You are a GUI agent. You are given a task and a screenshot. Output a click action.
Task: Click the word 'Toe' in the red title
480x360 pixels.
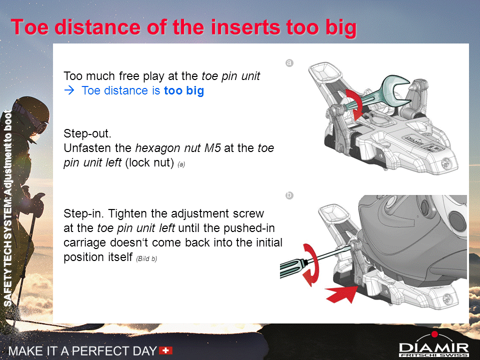30,27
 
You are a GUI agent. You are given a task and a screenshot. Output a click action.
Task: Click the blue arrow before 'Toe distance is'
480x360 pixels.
69,90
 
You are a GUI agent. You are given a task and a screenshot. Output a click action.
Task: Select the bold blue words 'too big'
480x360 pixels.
184,90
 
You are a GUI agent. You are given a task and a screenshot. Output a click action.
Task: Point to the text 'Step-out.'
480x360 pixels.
87,133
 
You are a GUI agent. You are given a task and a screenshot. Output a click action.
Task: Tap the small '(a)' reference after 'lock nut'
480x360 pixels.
181,164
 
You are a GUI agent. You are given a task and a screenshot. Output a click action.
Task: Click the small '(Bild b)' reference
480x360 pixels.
146,258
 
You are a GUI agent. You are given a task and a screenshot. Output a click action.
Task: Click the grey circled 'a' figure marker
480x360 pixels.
289,63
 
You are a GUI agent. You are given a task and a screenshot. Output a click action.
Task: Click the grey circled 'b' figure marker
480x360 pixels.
289,195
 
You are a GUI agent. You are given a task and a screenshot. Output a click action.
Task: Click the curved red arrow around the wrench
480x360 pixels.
355,104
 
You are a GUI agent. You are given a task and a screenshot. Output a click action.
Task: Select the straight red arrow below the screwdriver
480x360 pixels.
341,294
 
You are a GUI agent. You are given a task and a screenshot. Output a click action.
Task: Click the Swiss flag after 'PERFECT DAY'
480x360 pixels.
166,350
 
